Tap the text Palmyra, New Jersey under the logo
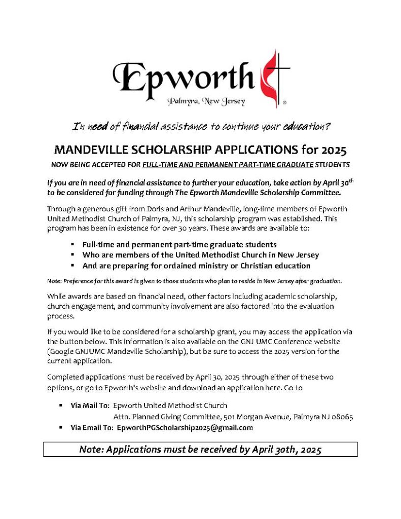tap(207, 101)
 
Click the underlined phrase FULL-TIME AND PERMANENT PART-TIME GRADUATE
tap(228, 165)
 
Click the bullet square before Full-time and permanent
tap(73, 244)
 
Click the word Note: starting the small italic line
tap(54, 281)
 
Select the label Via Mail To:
tap(90, 405)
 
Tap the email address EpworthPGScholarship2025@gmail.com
tap(185, 428)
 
